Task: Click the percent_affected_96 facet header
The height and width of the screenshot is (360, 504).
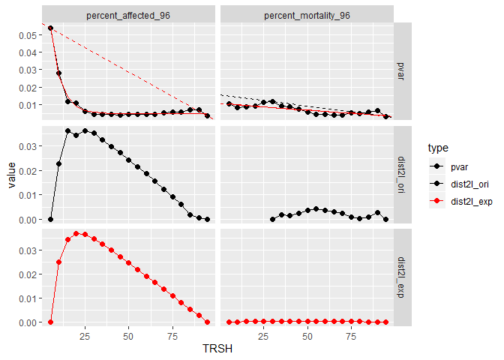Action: tap(128, 15)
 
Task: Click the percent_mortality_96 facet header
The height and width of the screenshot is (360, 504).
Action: tap(307, 15)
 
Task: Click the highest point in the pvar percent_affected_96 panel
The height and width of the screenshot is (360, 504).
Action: tap(50, 28)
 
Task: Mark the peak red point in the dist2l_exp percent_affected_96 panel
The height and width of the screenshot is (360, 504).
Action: tap(76, 233)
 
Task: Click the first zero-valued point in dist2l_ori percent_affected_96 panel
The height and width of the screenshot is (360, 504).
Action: tap(50, 219)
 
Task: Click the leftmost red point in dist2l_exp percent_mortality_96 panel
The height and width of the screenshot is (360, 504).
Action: tap(229, 322)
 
